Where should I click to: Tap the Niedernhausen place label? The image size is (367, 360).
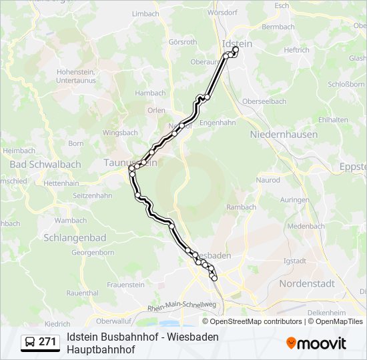coord(284,134)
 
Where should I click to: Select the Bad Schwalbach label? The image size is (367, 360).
coord(36,164)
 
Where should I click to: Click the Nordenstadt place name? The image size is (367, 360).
coord(306,283)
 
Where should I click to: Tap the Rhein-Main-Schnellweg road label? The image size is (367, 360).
coord(182,305)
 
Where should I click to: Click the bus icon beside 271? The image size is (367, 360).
coord(31,342)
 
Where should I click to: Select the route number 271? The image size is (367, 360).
coord(48,342)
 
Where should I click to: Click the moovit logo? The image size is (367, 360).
coord(316,343)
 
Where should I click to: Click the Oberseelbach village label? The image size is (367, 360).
coord(264,101)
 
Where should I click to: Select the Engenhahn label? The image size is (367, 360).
coord(218,123)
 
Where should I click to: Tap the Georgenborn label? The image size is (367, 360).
coord(93,253)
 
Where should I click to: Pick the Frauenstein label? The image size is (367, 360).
coord(125,285)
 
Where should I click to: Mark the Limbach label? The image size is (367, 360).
coord(145,13)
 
